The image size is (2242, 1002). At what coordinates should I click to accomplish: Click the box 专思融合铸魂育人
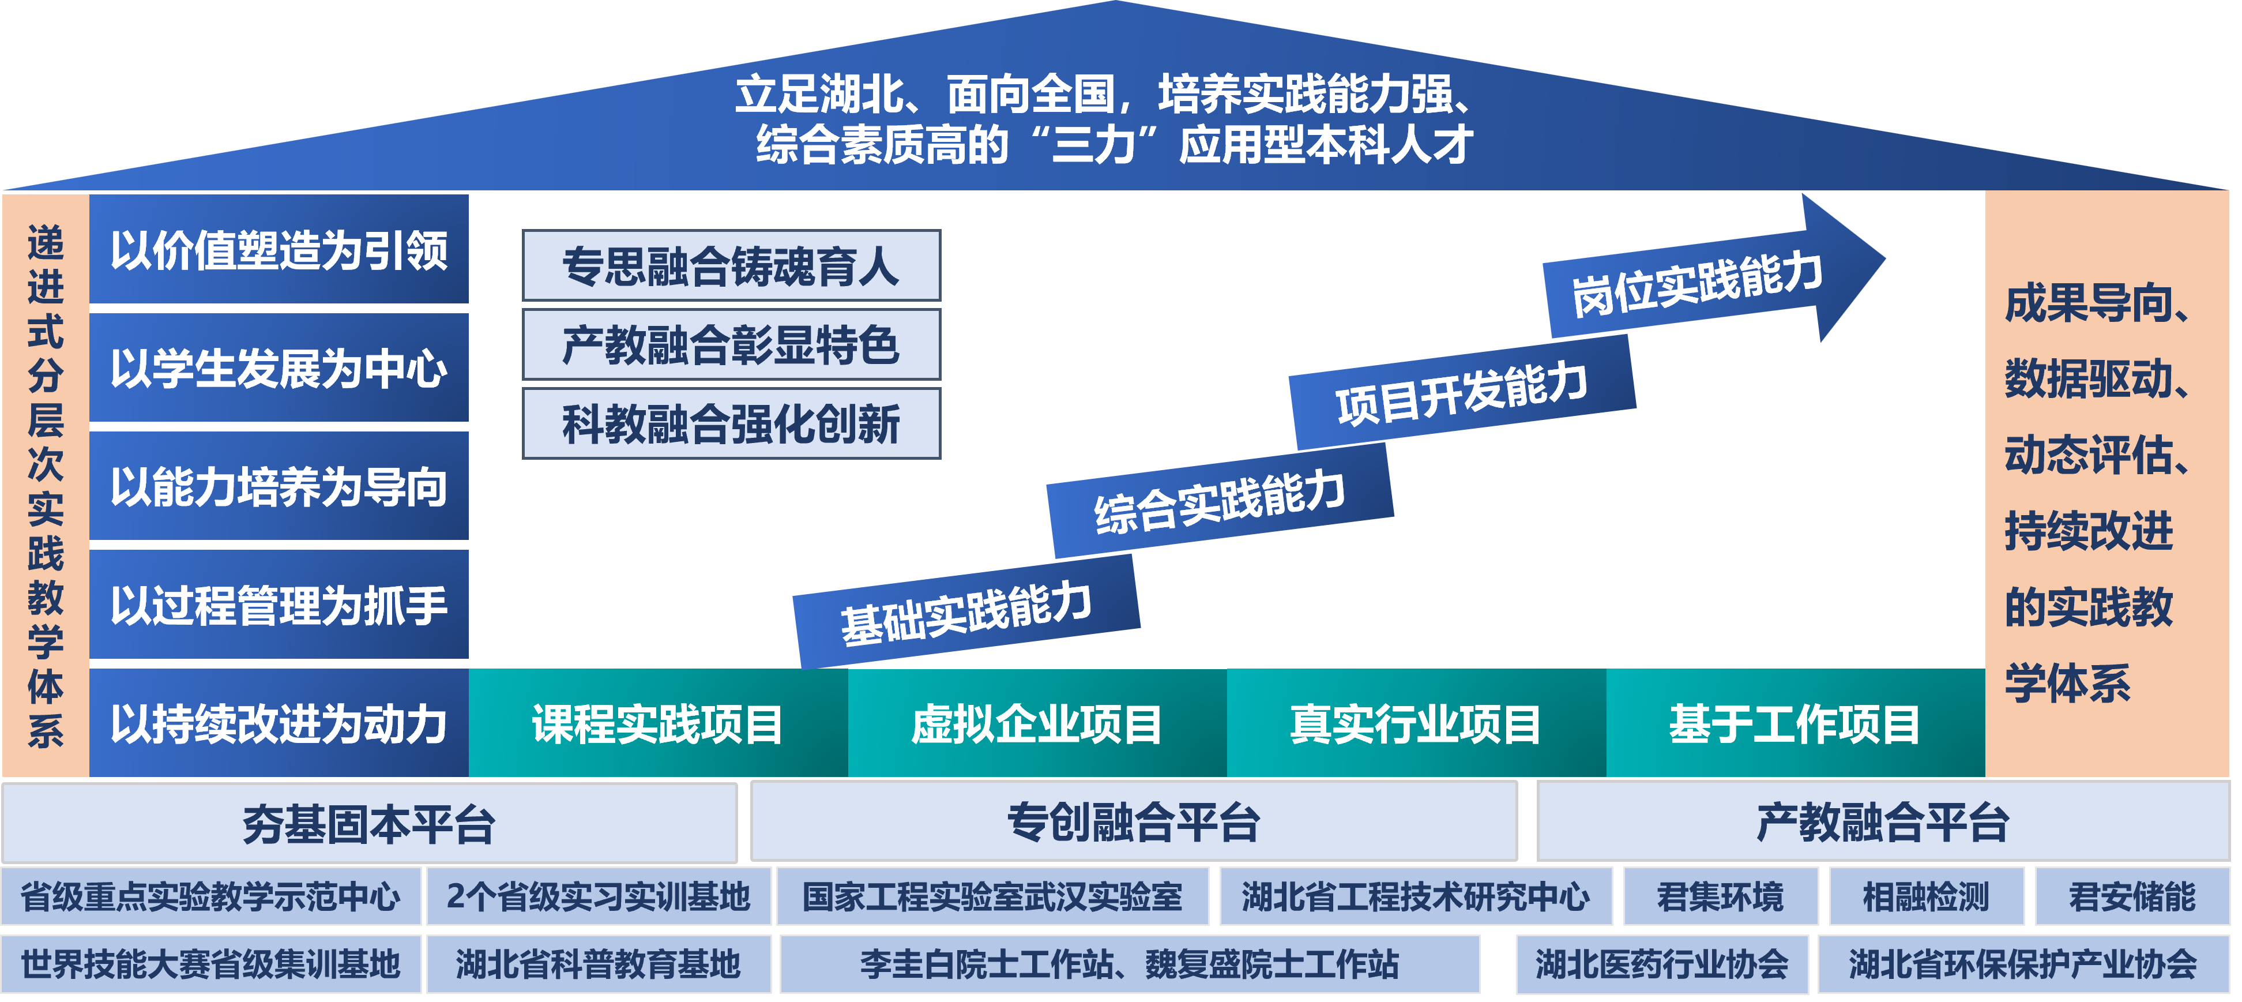[731, 265]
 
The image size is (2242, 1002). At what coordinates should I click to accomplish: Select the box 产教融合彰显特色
[731, 345]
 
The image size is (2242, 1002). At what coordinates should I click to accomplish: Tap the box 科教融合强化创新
[731, 424]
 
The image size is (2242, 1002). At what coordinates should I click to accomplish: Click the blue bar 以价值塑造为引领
[279, 250]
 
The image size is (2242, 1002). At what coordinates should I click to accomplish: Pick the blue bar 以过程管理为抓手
[279, 604]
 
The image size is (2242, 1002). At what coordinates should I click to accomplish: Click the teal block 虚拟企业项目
[1037, 723]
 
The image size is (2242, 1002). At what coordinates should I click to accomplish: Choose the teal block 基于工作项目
[1795, 723]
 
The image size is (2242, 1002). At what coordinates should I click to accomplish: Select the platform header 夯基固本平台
[369, 823]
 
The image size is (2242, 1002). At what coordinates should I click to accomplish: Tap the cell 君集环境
[1720, 896]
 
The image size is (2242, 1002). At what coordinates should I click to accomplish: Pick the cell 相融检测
[1925, 896]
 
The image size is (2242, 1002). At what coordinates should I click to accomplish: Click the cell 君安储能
[2131, 896]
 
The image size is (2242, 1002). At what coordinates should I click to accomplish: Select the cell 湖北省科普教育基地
[598, 964]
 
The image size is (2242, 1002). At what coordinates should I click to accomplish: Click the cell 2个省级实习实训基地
[598, 896]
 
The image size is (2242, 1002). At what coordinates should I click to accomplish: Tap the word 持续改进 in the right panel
[2089, 531]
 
